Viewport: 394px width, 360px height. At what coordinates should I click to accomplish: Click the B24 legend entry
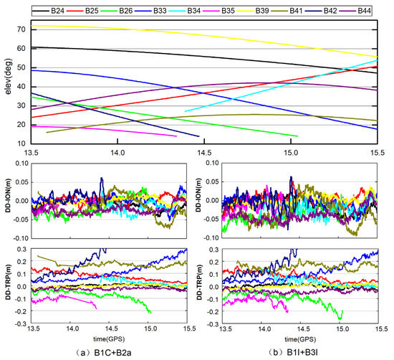58,11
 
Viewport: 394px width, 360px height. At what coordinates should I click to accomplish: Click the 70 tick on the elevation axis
21,29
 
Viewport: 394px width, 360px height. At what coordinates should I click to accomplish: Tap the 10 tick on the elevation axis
21,144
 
